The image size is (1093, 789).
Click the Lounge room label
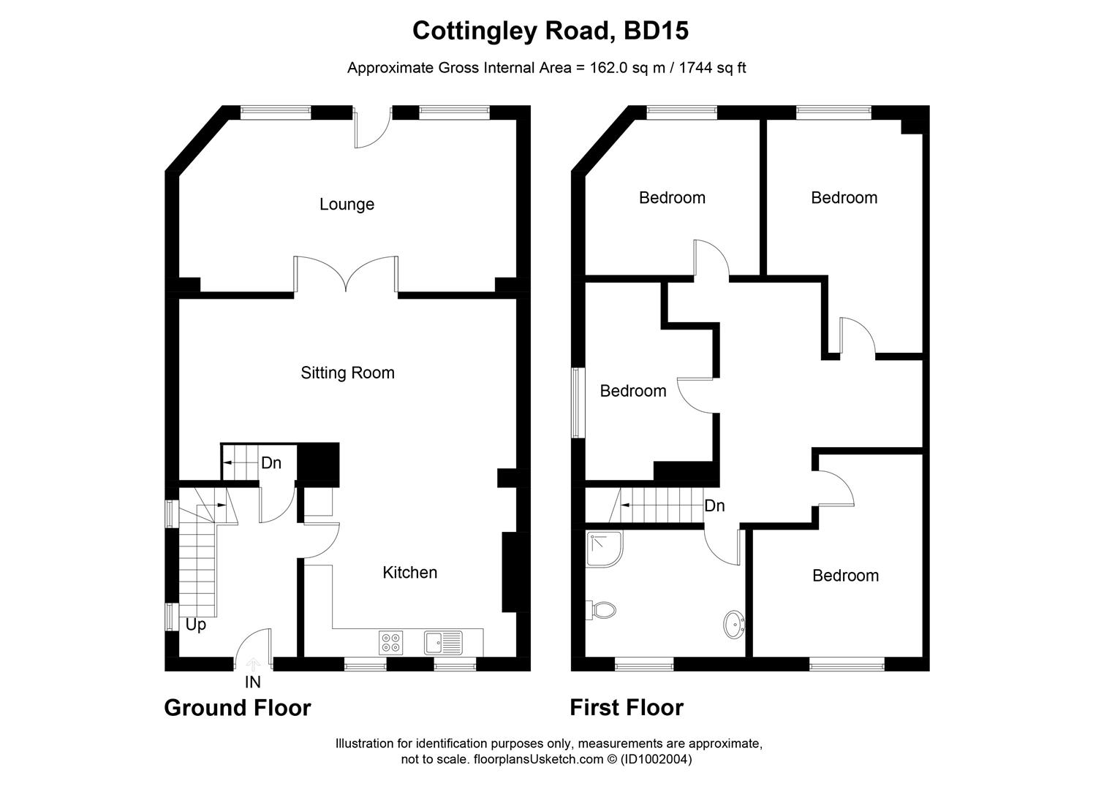click(x=347, y=205)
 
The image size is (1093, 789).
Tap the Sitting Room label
click(x=347, y=373)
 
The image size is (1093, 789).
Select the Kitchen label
click(x=409, y=573)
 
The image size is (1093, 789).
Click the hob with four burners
click(x=390, y=642)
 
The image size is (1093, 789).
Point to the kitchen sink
click(x=443, y=642)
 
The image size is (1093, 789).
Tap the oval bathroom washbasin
click(x=734, y=625)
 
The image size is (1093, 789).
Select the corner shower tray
click(x=603, y=549)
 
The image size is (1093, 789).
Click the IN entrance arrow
click(x=253, y=665)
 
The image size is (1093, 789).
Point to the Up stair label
click(x=195, y=625)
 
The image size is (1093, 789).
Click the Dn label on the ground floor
click(x=271, y=463)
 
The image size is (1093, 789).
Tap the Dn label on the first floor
click(x=714, y=506)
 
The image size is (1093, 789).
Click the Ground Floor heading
click(x=238, y=708)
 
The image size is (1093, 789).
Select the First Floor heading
click(x=627, y=708)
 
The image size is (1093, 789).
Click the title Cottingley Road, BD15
click(x=551, y=31)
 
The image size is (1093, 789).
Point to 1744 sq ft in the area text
click(x=712, y=69)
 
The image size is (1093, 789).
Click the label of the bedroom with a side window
click(x=632, y=392)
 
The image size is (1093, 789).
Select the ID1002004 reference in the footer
click(x=655, y=760)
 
